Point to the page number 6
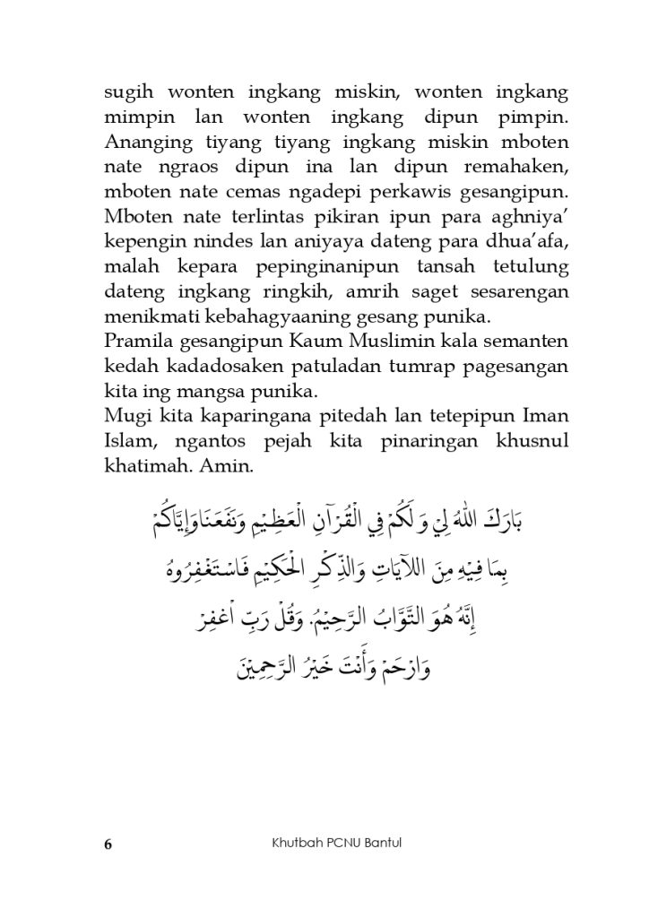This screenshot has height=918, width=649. tap(108, 844)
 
